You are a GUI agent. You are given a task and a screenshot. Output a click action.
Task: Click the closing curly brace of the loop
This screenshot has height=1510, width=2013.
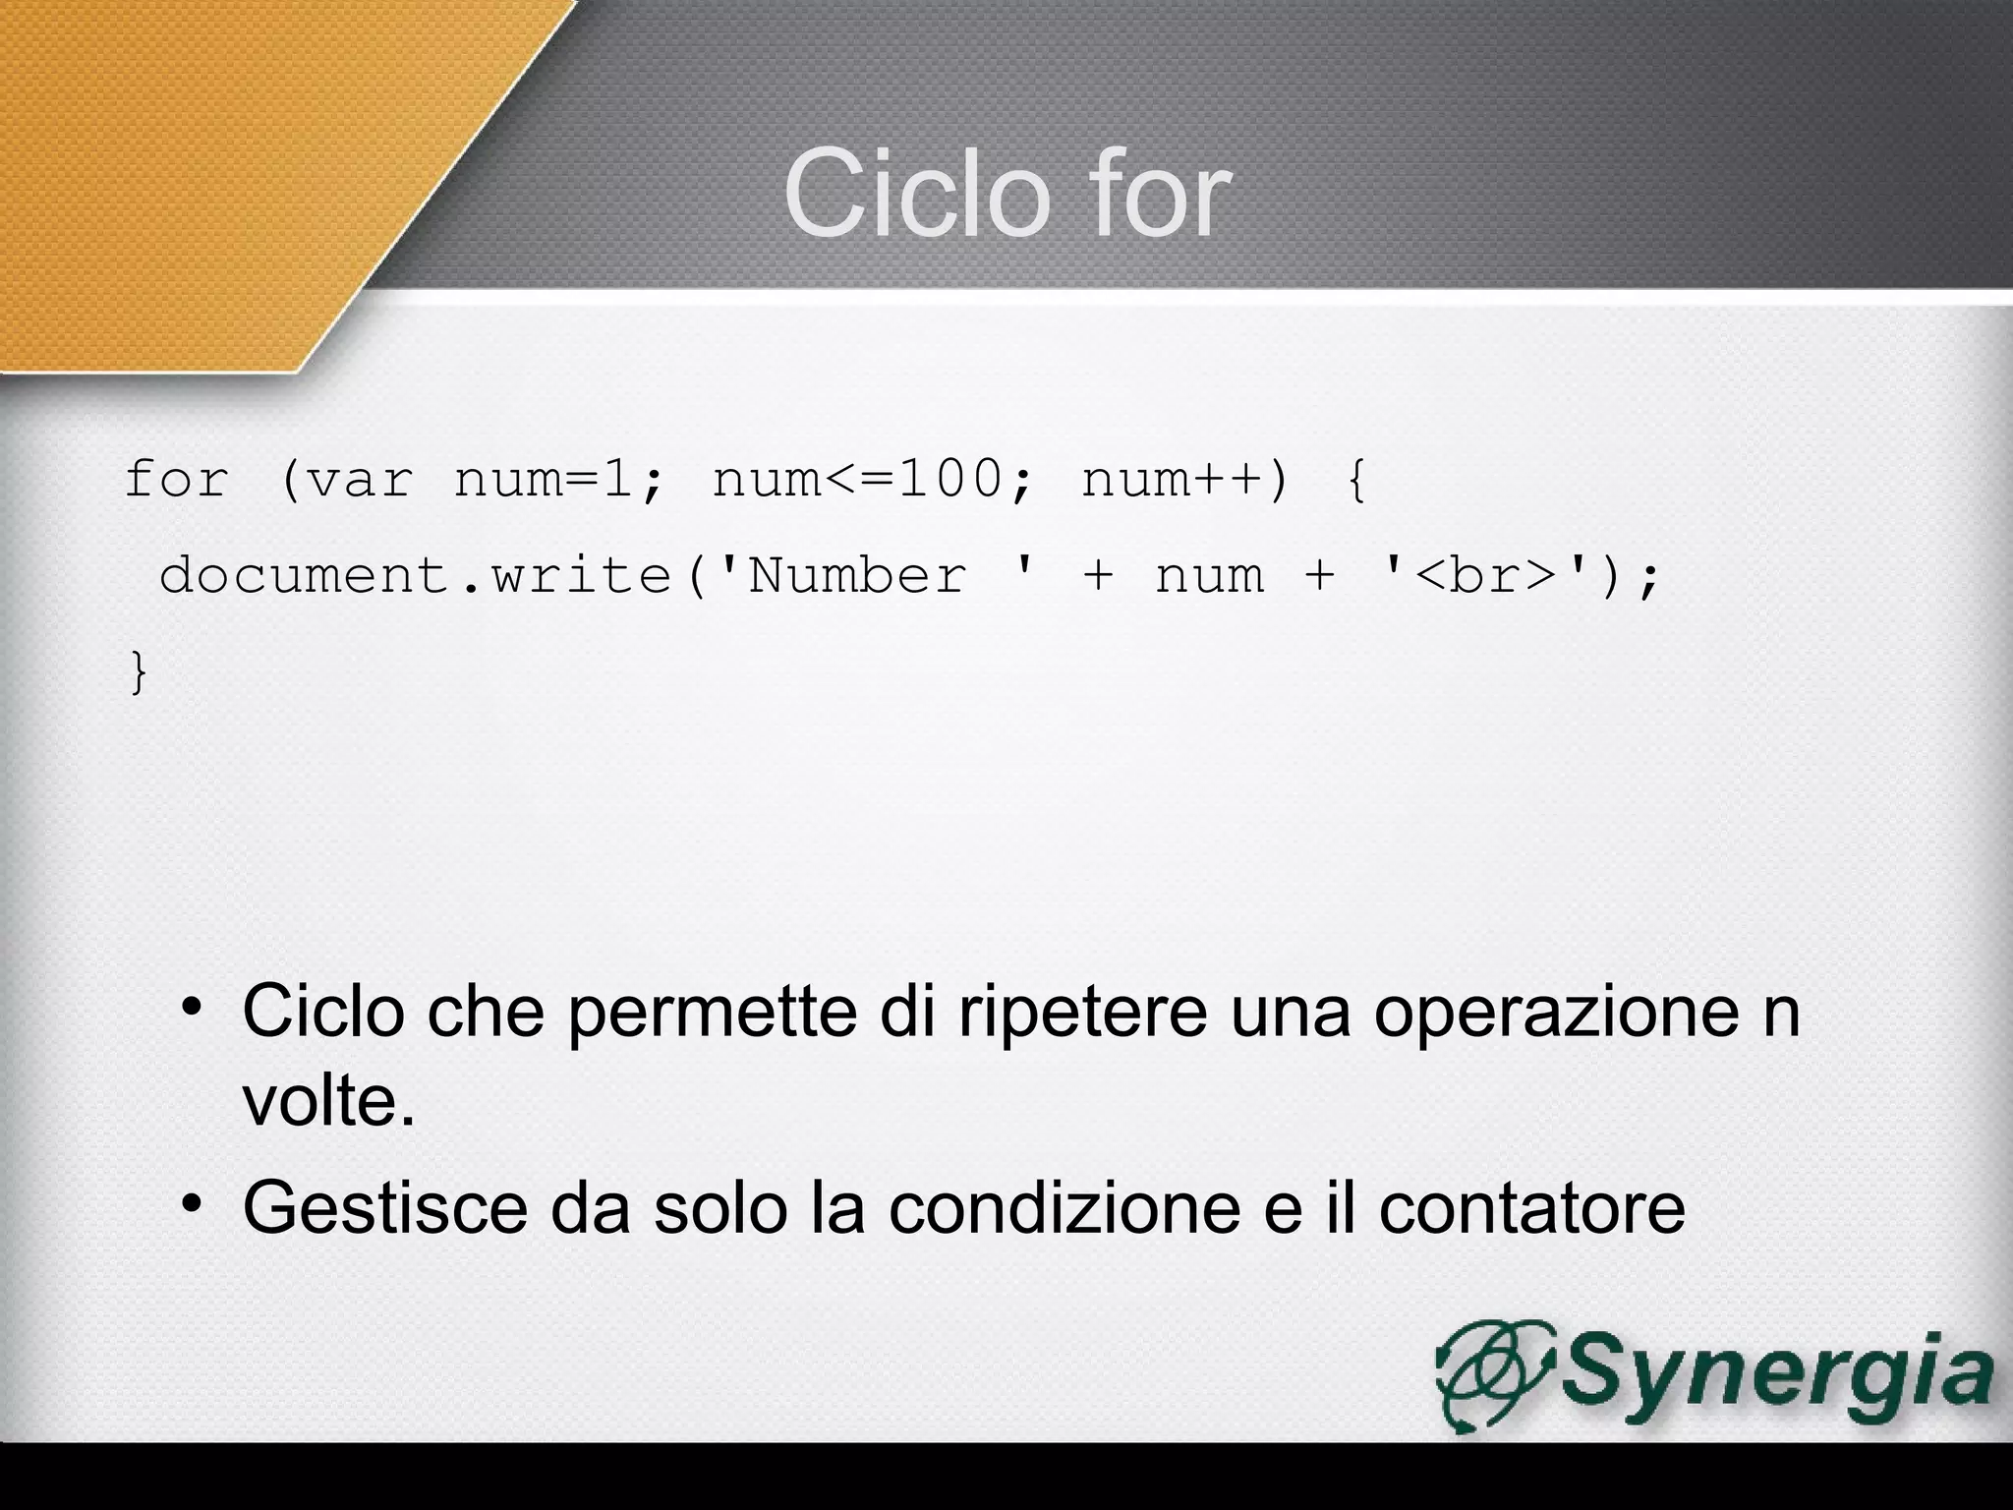click(139, 674)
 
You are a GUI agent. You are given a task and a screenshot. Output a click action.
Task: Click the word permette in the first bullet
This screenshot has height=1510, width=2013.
click(712, 1013)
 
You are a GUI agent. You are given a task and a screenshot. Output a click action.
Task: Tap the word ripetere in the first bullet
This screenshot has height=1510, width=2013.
click(1082, 1013)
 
